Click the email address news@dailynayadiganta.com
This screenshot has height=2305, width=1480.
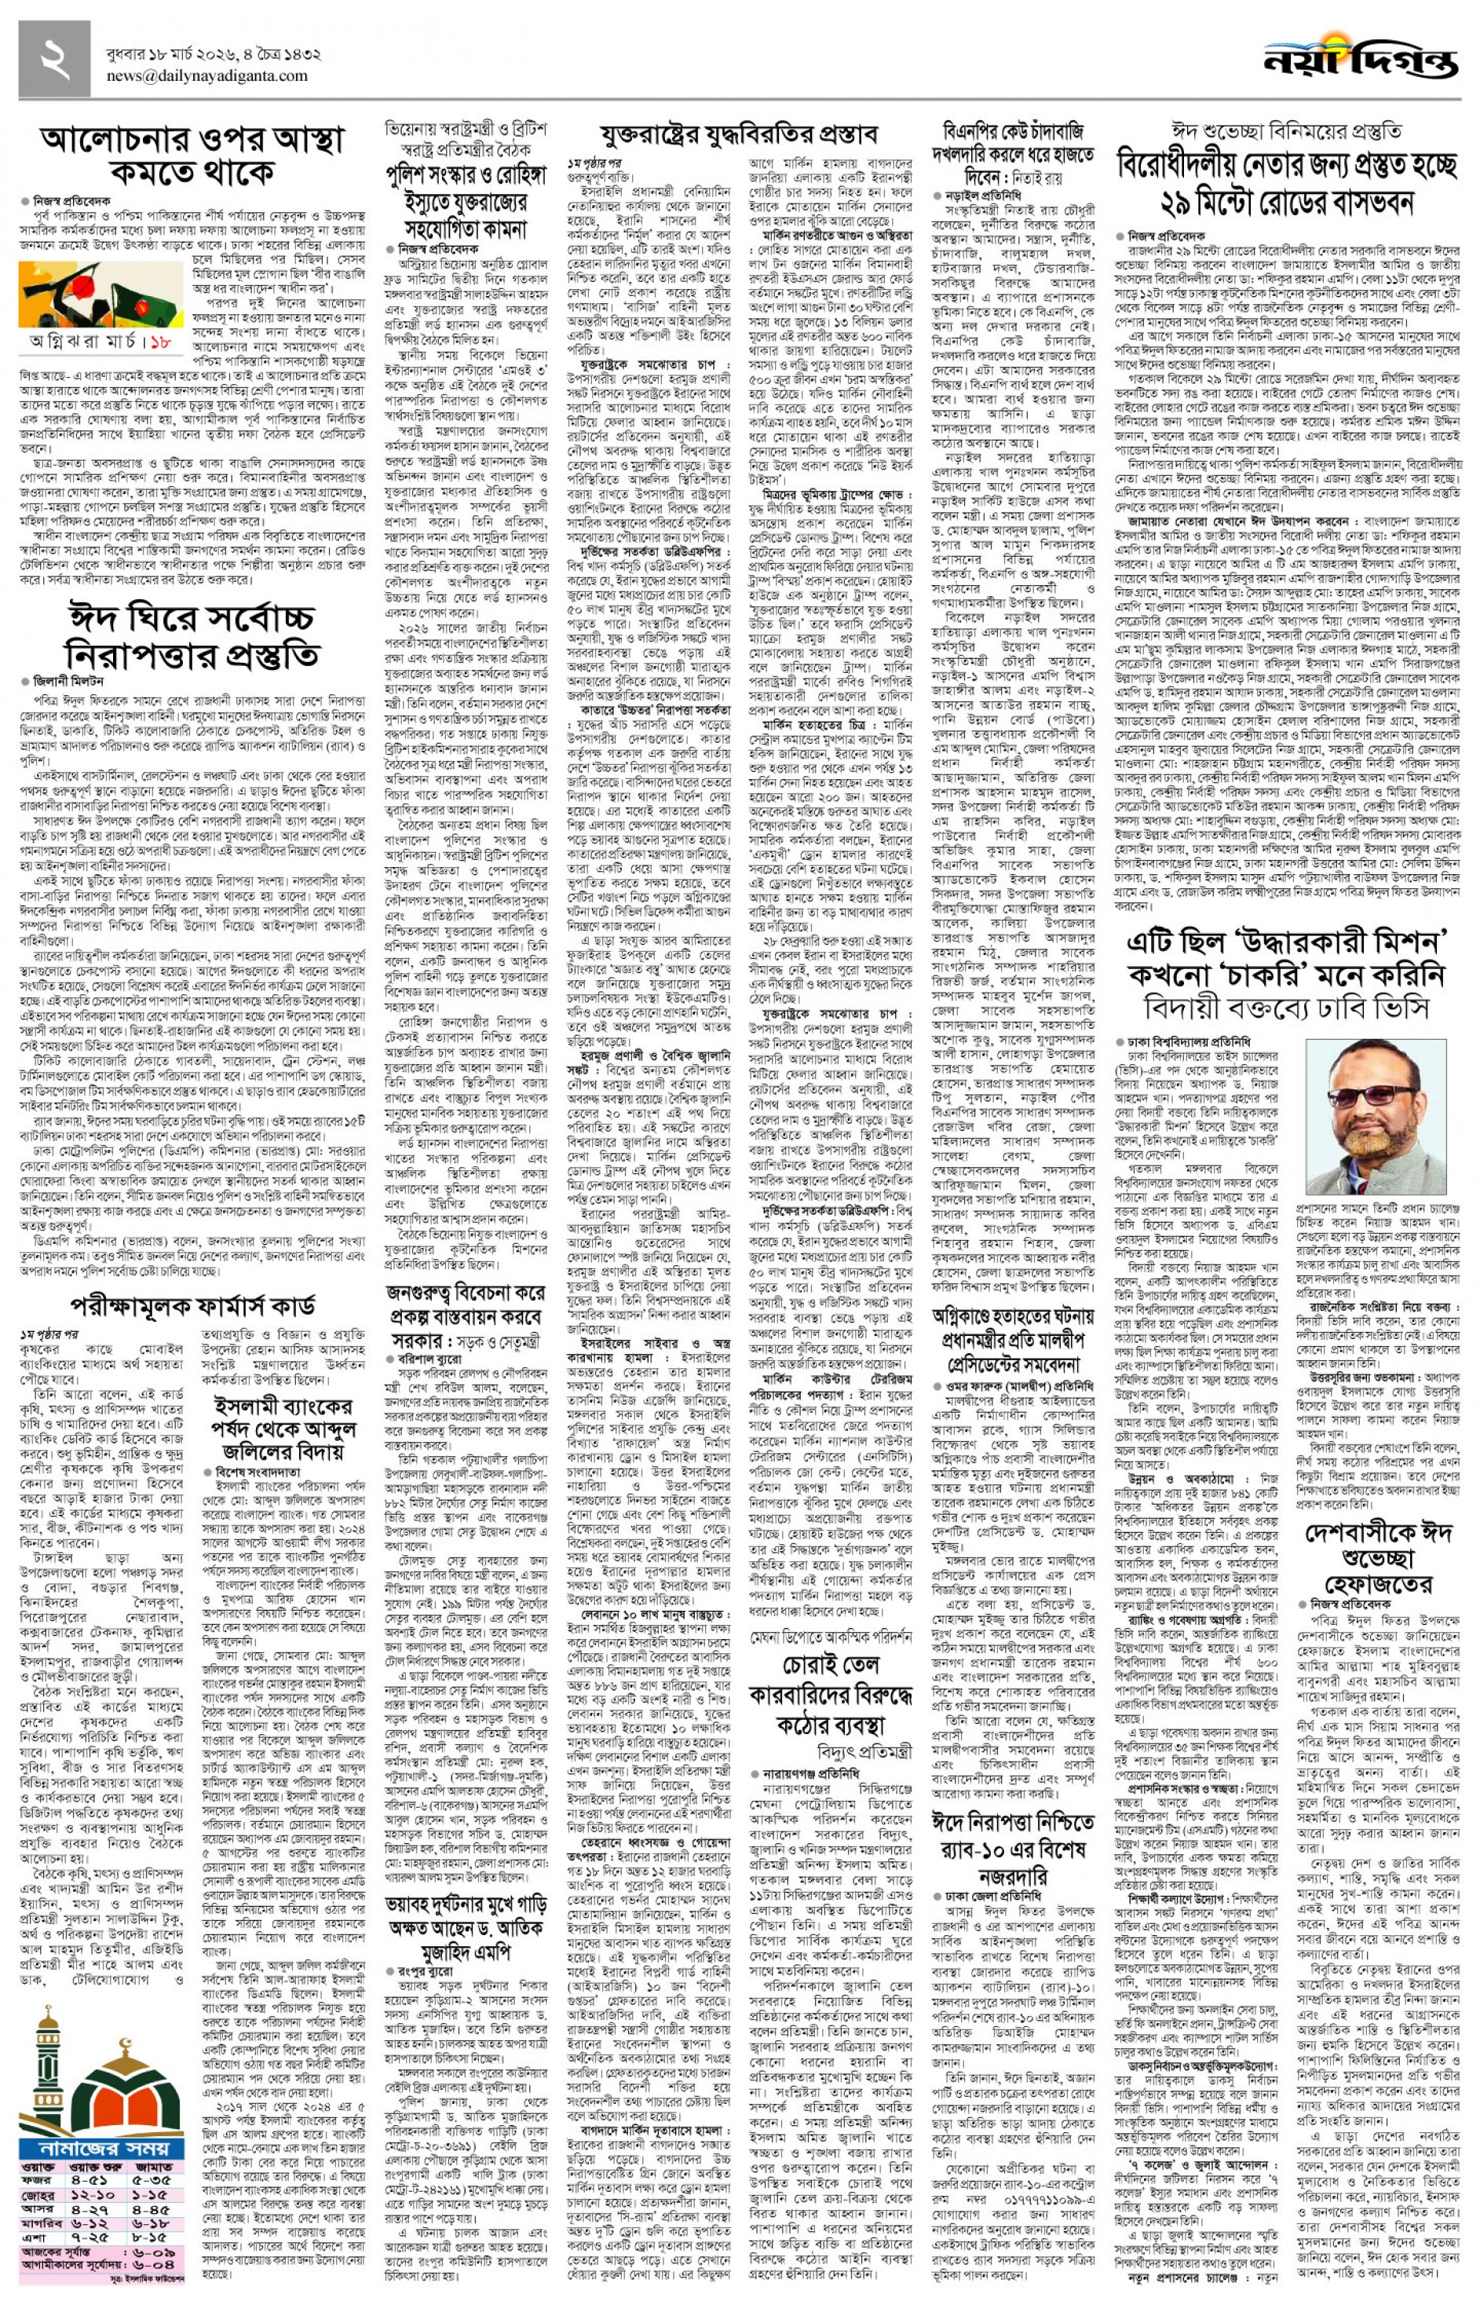click(x=206, y=77)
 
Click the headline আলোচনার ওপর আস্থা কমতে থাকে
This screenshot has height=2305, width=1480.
click(x=192, y=155)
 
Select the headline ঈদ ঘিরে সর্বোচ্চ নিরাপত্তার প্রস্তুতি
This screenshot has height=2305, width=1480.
click(x=192, y=636)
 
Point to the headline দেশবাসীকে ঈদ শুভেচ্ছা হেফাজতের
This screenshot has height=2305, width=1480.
click(x=1378, y=1557)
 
